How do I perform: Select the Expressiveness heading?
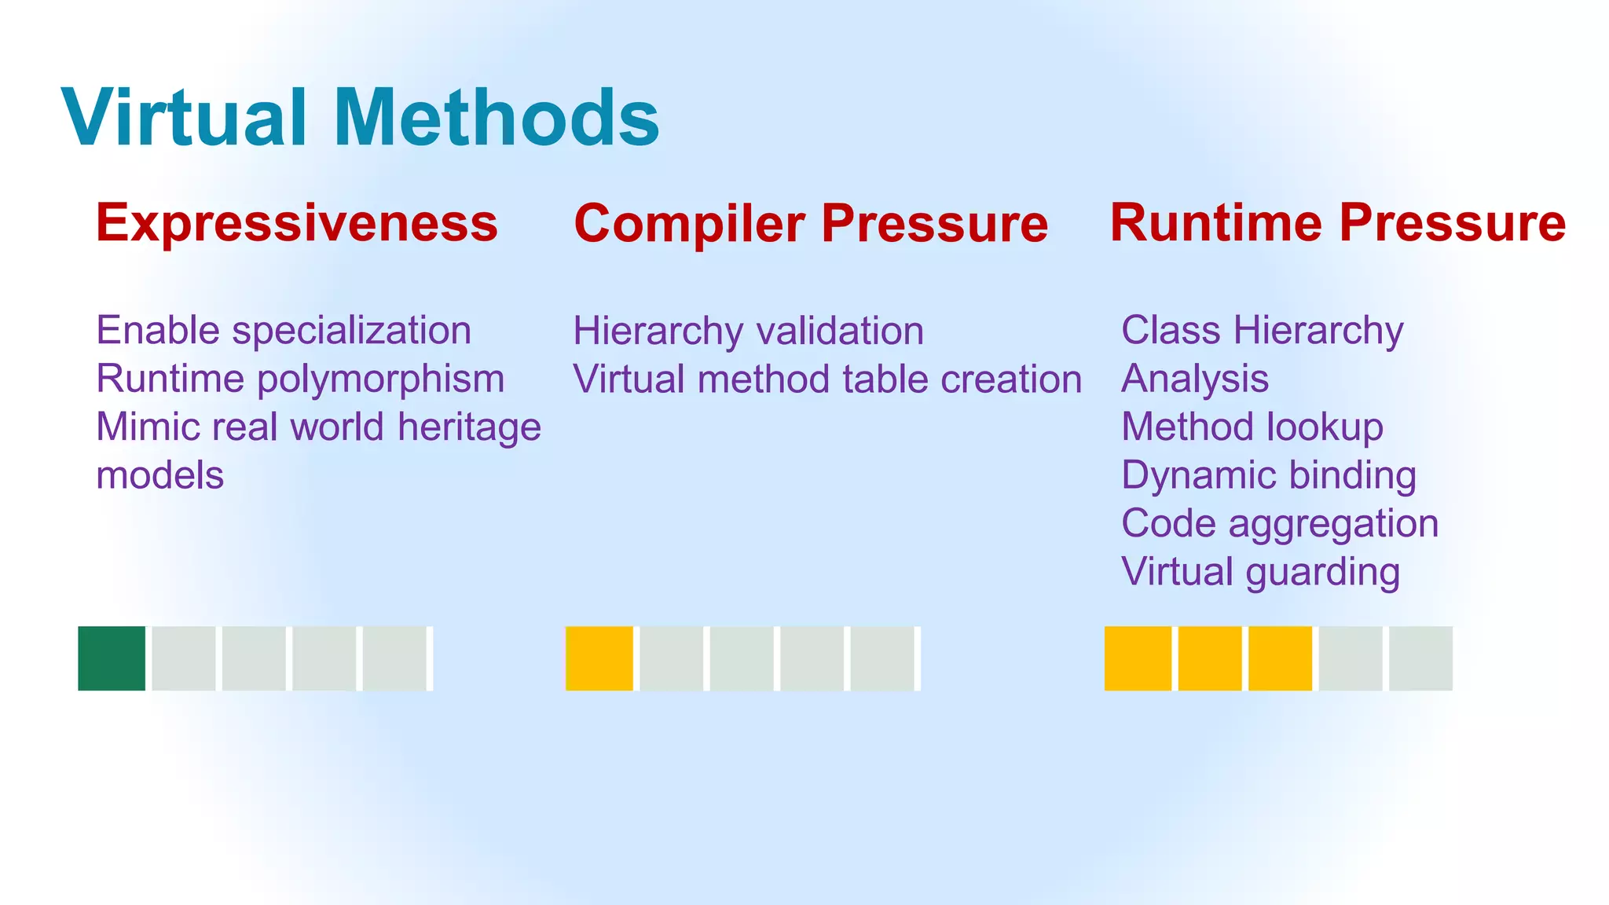(297, 223)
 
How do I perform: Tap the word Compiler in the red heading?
(690, 225)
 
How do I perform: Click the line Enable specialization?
(284, 331)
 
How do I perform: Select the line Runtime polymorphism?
(300, 379)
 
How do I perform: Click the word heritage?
(469, 427)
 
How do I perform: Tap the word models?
(160, 476)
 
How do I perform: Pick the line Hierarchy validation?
(748, 332)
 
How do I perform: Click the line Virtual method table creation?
(827, 380)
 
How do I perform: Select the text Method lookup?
(1252, 427)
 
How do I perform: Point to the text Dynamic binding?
(1269, 476)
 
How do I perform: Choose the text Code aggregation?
(1280, 524)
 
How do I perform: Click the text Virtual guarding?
(1260, 573)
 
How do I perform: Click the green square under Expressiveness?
(112, 658)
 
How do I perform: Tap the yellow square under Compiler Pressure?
(599, 658)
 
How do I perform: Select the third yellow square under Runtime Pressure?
(1280, 658)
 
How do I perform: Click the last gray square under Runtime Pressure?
(1420, 658)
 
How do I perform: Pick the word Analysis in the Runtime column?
(1195, 379)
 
